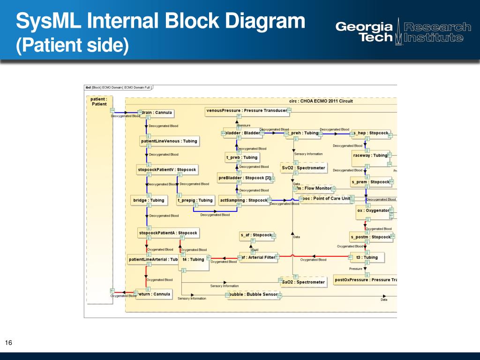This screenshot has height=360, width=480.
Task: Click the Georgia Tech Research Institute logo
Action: pyautogui.click(x=403, y=32)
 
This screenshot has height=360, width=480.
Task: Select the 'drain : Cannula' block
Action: pyautogui.click(x=157, y=113)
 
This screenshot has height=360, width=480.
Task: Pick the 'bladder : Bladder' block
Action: pyautogui.click(x=242, y=133)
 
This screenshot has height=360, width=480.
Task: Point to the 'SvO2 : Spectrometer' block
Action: pyautogui.click(x=303, y=168)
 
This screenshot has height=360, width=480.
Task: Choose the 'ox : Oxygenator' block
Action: pyautogui.click(x=373, y=210)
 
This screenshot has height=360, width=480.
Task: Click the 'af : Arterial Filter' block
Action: pyautogui.click(x=257, y=257)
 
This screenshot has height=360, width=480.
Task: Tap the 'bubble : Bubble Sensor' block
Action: pyautogui.click(x=253, y=294)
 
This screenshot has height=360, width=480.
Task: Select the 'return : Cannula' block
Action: pyautogui.click(x=154, y=294)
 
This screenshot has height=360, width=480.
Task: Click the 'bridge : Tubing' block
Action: pyautogui.click(x=149, y=200)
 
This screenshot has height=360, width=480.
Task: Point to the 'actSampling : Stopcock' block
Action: pyautogui.click(x=243, y=200)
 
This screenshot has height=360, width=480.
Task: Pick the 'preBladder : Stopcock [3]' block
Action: pyautogui.click(x=244, y=178)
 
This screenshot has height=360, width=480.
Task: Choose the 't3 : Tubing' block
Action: pyautogui.click(x=367, y=257)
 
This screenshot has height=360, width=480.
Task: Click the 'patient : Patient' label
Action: pyautogui.click(x=99, y=102)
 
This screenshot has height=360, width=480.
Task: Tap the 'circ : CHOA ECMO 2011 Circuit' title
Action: pyautogui.click(x=321, y=101)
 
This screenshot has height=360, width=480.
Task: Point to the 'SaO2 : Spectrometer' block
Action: pyautogui.click(x=303, y=282)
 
